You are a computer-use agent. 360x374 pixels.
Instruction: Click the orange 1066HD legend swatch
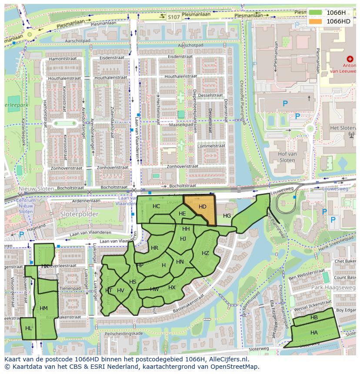click(316, 21)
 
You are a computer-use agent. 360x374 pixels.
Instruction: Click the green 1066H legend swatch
click(316, 13)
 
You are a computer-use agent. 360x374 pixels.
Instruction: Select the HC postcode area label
click(157, 206)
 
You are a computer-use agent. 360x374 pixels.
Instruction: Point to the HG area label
click(227, 216)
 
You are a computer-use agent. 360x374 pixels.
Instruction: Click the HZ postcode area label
click(205, 253)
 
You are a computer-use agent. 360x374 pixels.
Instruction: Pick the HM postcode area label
click(43, 308)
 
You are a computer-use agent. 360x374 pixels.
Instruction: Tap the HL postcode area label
click(29, 328)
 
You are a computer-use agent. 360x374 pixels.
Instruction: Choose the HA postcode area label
click(314, 332)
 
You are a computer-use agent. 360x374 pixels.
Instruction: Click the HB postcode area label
click(314, 318)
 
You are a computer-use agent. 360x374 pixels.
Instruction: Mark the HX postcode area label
click(172, 288)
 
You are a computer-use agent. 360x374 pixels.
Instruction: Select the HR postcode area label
click(154, 248)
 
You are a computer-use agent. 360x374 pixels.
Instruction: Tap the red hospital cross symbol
click(350, 59)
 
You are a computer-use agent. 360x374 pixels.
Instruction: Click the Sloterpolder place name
click(86, 214)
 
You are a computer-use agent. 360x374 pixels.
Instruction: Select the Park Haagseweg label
click(337, 288)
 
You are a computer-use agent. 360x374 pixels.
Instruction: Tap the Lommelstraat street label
click(210, 146)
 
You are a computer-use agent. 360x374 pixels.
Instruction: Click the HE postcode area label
click(182, 214)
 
